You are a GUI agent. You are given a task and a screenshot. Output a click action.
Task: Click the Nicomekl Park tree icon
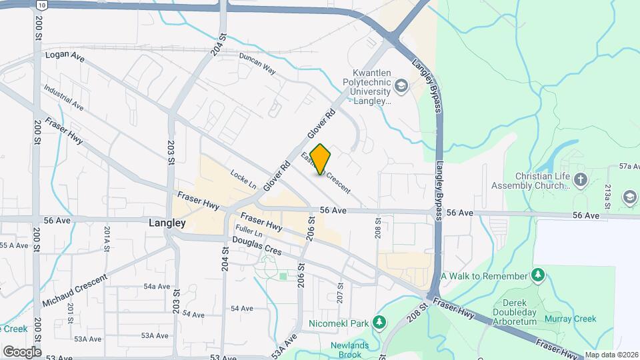pos(379,323)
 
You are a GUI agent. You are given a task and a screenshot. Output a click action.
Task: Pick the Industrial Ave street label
pos(63,97)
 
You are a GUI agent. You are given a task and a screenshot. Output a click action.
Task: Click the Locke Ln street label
pos(243,179)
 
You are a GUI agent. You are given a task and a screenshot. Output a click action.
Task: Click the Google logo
pos(22,351)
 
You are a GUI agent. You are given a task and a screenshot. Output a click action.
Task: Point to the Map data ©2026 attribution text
pos(611,355)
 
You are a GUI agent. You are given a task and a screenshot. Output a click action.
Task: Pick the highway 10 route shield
pos(41,5)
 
